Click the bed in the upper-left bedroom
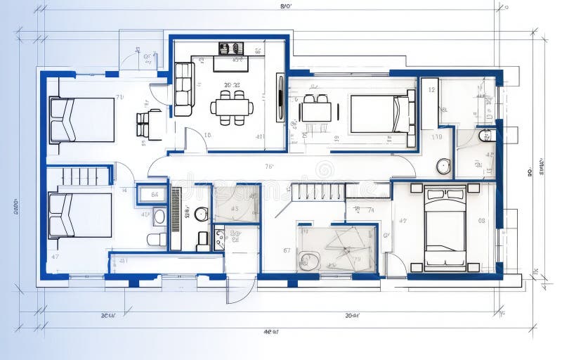pyautogui.click(x=81, y=120)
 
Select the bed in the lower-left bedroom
pyautogui.click(x=80, y=215)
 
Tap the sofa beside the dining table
pyautogui.click(x=184, y=89)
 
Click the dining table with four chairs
pyautogui.click(x=232, y=107)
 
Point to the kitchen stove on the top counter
pyautogui.click(x=230, y=49)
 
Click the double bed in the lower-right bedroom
pyautogui.click(x=445, y=227)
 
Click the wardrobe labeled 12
pyautogui.click(x=430, y=103)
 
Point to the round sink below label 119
pyautogui.click(x=443, y=167)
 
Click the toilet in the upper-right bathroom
pyautogui.click(x=486, y=135)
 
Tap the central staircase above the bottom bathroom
pyautogui.click(x=318, y=191)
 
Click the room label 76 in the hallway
pyautogui.click(x=269, y=167)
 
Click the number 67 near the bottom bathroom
pyautogui.click(x=287, y=250)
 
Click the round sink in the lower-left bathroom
pyautogui.click(x=202, y=214)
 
